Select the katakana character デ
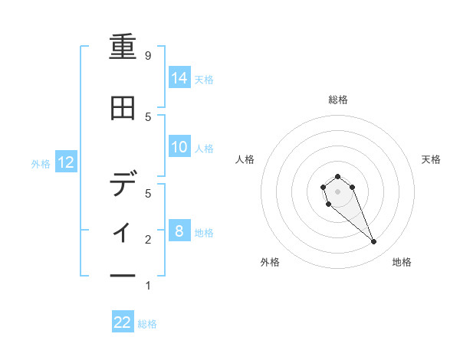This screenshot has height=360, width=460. point(123,184)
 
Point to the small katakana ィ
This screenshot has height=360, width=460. point(123,231)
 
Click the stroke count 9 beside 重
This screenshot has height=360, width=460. point(148,55)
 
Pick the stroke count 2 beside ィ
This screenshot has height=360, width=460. point(148,240)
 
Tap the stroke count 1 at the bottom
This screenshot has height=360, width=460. point(148,286)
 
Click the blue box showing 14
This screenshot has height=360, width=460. point(179,77)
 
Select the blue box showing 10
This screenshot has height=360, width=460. point(179,147)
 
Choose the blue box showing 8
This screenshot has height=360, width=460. point(179,231)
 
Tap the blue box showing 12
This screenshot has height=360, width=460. point(66,162)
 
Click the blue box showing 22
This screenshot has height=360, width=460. point(123,322)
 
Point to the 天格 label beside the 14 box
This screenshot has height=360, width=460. point(204,79)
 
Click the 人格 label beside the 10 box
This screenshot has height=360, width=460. point(204,148)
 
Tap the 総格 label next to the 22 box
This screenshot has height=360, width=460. point(147,324)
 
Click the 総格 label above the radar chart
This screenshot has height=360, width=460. point(337,100)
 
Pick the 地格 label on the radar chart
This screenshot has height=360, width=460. point(402,263)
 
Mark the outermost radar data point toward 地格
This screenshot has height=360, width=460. point(374,242)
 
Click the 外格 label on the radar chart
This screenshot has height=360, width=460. point(270,263)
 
